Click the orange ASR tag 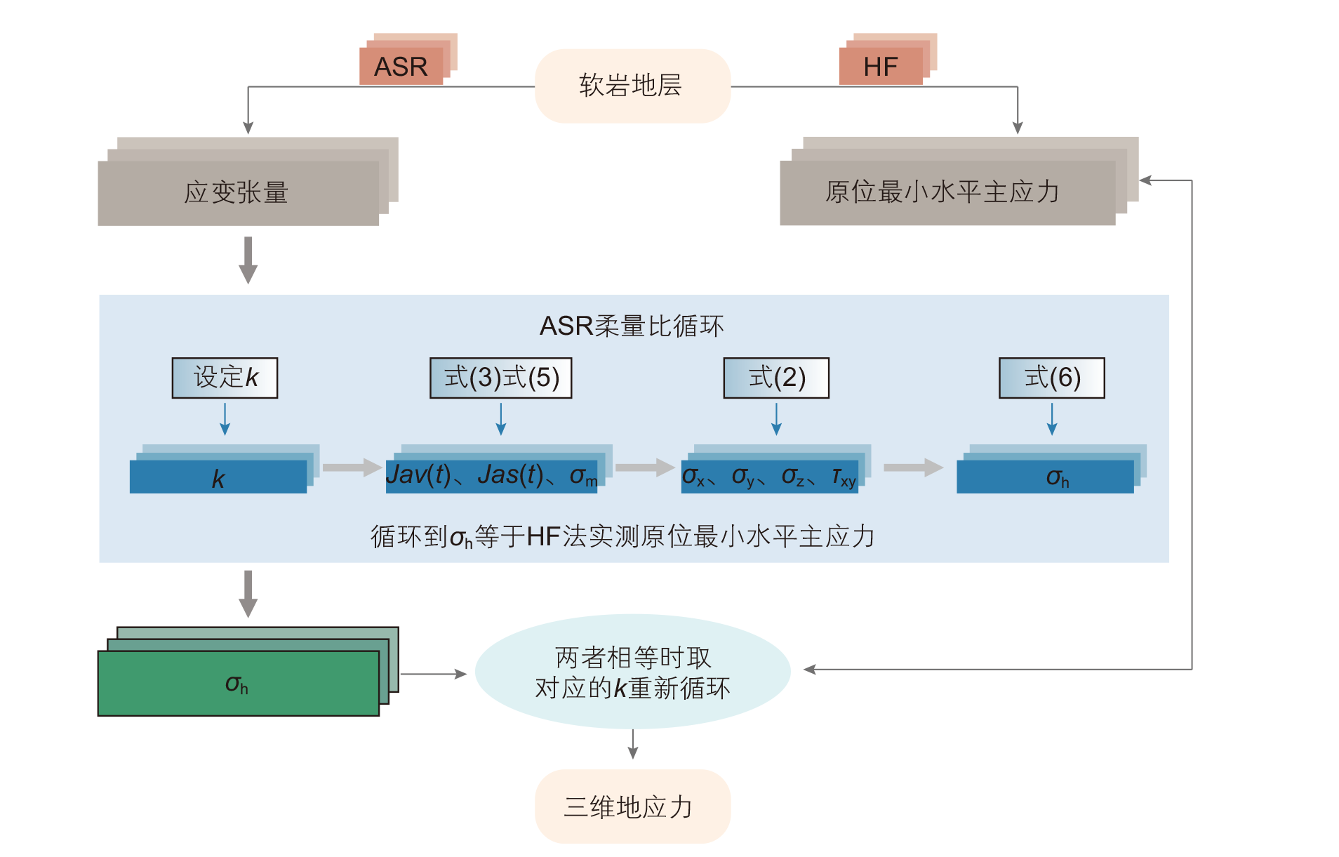tap(401, 66)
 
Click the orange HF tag tap(881, 66)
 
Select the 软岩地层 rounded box tap(632, 86)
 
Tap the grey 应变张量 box tap(238, 192)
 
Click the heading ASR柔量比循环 tap(631, 326)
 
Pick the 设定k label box tap(225, 378)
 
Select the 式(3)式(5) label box tap(500, 378)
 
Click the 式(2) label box tap(776, 378)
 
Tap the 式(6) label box tap(1051, 378)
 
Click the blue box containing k tap(218, 477)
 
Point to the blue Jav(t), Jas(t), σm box tap(491, 476)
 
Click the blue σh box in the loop tap(1045, 477)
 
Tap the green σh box tap(238, 683)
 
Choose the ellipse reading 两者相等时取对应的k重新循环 tap(632, 672)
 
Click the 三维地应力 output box tap(632, 806)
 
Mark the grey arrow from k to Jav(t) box tap(352, 467)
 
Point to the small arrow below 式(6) tap(1051, 420)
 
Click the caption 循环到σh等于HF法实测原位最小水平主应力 tap(622, 537)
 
